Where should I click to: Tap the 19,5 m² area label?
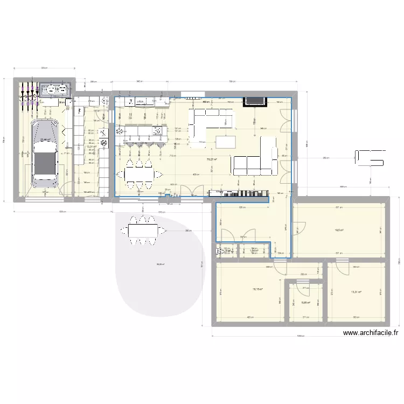pos(339,229)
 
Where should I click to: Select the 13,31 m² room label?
pos(356,292)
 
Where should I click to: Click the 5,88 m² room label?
pos(305,303)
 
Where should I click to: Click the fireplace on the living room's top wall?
pos(253,101)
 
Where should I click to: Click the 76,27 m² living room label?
pos(214,159)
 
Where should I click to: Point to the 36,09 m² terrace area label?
pos(160,264)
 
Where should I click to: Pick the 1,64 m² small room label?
pos(254,250)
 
